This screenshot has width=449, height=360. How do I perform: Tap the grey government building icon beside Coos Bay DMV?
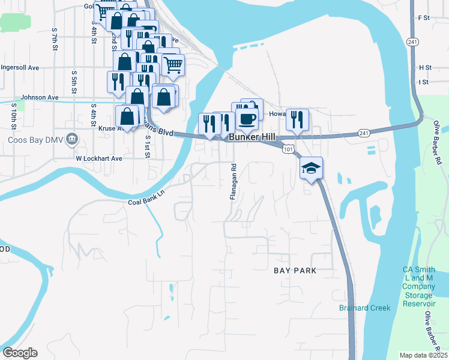72,140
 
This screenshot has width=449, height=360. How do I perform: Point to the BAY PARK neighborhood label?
295,271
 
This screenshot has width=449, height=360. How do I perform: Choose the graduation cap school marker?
312,167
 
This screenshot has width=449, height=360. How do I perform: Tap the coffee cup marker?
246,118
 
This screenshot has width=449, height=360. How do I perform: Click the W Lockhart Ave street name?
98,158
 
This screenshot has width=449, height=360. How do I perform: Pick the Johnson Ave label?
39,97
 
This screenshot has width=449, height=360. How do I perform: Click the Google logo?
20,352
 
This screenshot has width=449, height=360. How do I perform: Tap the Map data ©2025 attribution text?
423,355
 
